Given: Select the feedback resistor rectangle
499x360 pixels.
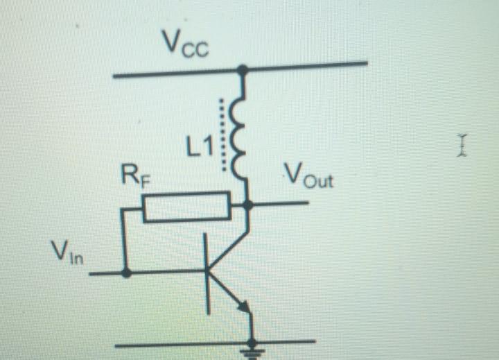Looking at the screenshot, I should tap(186, 207).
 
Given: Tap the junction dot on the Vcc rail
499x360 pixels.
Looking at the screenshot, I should tap(243, 69).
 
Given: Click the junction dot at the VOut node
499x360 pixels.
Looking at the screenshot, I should tap(248, 205).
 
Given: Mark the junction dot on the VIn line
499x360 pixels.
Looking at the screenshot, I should tap(125, 273).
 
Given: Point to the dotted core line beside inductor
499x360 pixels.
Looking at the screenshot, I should tap(222, 135).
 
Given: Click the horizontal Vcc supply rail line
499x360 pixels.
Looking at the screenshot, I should tap(173, 73).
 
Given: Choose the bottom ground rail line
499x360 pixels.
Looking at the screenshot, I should tap(173, 344).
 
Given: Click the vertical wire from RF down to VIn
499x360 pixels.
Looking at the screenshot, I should tap(123, 239).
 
